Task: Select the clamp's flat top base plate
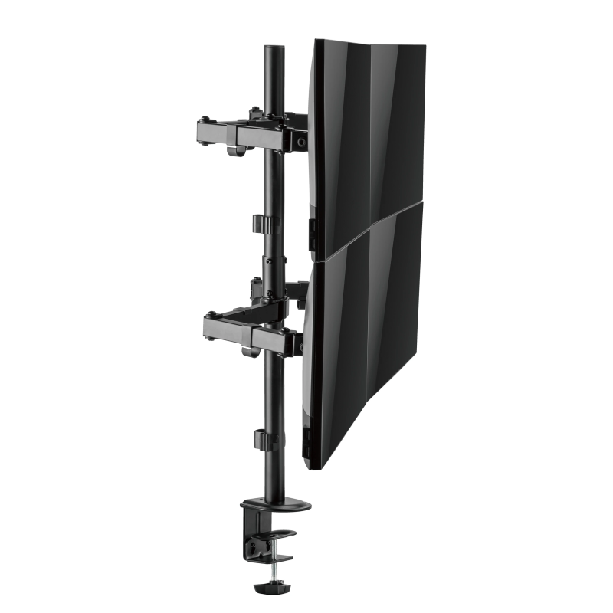(275, 506)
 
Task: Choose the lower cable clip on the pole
(263, 441)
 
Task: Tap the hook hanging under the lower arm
(249, 352)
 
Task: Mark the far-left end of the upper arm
(202, 131)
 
